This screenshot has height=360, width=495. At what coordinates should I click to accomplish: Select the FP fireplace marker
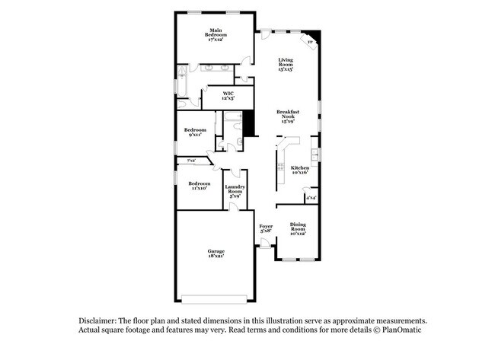pyautogui.click(x=309, y=42)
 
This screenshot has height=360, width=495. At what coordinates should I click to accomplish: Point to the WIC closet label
pyautogui.click(x=228, y=96)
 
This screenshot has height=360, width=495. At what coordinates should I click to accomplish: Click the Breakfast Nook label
pyautogui.click(x=287, y=116)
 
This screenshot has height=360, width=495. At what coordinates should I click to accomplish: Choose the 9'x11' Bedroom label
pyautogui.click(x=195, y=132)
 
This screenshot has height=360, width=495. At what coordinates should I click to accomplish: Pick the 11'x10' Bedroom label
pyautogui.click(x=199, y=185)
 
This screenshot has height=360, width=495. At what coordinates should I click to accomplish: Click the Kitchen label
pyautogui.click(x=300, y=170)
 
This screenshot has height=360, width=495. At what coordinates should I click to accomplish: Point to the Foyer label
pyautogui.click(x=266, y=228)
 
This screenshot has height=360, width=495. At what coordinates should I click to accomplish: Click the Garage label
pyautogui.click(x=216, y=253)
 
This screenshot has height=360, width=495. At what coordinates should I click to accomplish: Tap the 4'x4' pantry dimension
pyautogui.click(x=311, y=198)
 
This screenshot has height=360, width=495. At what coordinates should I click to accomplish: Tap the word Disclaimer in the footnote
pyautogui.click(x=103, y=321)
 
